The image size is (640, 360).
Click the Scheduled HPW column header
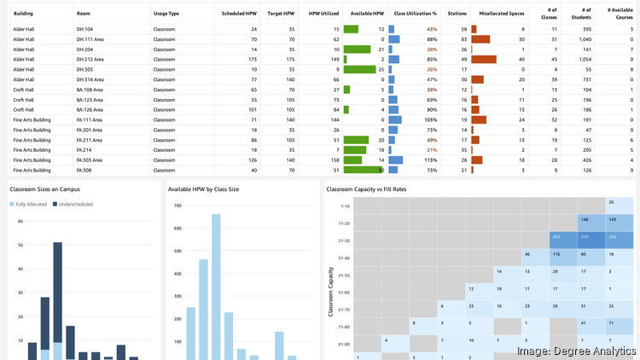tap(240, 14)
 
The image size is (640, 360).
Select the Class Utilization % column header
tap(415, 14)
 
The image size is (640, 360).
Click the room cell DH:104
tap(84, 29)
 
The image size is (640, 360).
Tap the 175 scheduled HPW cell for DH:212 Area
tap(252, 59)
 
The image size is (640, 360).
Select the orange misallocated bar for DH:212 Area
tap(483, 59)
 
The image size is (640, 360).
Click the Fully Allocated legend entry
tap(31, 205)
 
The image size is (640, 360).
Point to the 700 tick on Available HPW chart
tap(177, 206)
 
